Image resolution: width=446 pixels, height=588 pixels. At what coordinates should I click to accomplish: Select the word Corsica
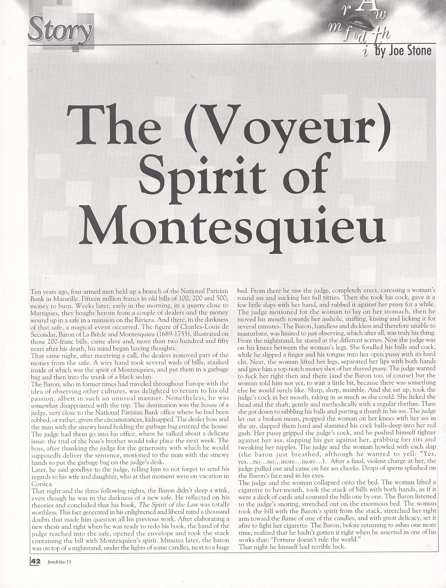pyautogui.click(x=40, y=482)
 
